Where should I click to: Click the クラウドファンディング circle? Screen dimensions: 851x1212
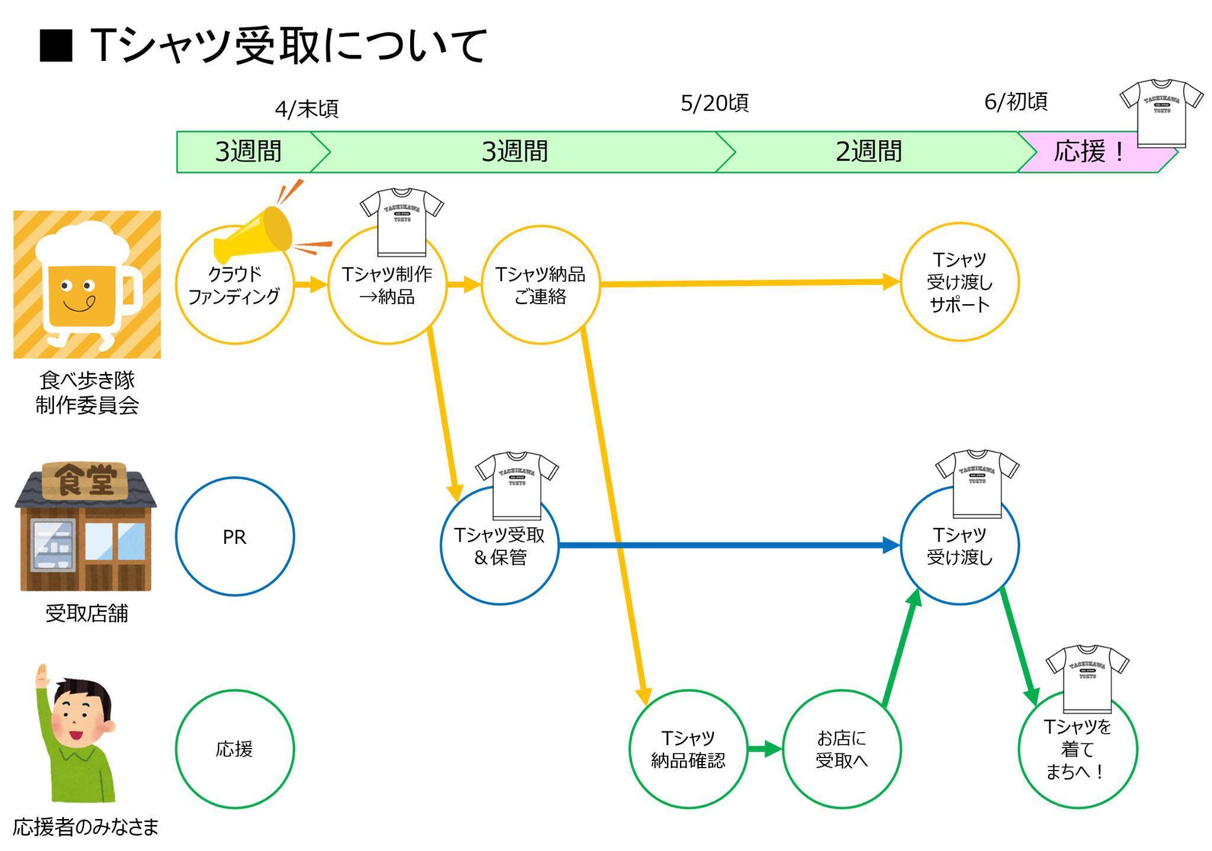pos(234,285)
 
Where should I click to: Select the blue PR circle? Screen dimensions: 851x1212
pos(234,537)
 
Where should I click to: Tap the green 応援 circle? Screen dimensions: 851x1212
pos(234,749)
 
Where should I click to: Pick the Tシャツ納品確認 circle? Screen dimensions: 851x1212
pos(688,749)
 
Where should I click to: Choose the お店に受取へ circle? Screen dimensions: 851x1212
pos(841,749)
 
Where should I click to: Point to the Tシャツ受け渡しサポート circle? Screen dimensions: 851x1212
pos(959,282)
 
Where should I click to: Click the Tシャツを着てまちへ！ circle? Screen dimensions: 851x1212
pos(1077,749)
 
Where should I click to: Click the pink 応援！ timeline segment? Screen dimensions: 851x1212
pos(1089,152)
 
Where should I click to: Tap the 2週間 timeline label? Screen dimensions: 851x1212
pos(868,152)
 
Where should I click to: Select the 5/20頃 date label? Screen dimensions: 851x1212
pos(714,104)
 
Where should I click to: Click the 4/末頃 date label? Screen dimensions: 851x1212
pos(307,109)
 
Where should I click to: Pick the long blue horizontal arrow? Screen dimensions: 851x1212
pos(728,545)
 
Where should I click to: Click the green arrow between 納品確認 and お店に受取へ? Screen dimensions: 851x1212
pos(764,749)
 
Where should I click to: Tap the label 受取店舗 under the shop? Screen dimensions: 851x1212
pos(87,614)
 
